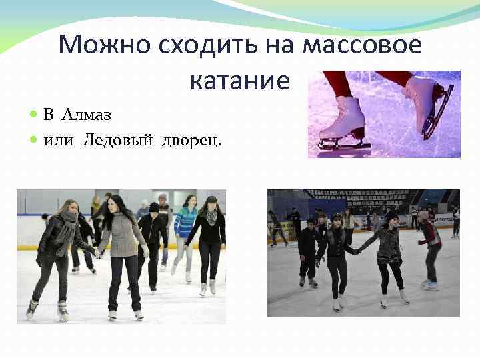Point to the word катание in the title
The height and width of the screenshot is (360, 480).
pos(240,81)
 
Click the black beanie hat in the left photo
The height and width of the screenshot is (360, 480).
pos(154,207)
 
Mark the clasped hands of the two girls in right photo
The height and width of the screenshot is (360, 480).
pos(357,251)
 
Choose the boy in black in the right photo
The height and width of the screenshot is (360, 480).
pos(308,247)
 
